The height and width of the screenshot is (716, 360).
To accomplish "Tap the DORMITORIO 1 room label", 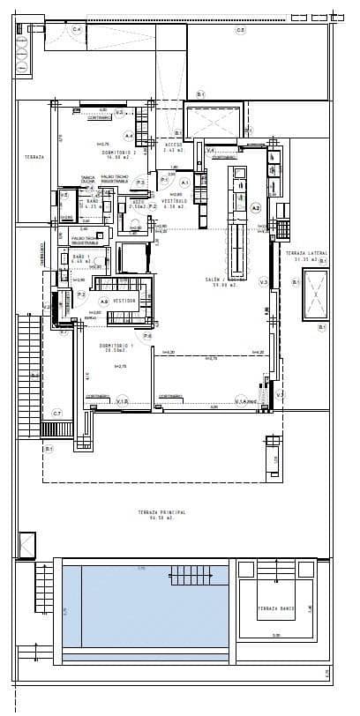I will coord(112,347).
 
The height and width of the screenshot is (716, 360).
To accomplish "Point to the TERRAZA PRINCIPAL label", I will coord(158,515).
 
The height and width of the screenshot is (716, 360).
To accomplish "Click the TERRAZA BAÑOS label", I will coord(276,608).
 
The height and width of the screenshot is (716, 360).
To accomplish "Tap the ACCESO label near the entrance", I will coord(173,147).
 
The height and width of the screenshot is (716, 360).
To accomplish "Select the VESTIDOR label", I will coord(124,300).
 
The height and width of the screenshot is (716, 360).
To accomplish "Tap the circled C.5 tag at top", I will coord(240,30).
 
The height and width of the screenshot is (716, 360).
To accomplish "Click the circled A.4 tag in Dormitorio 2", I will coord(128,136).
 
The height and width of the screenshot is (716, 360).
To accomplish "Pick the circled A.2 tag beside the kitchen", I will coord(256,208).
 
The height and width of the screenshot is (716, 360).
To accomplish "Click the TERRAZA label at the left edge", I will coord(34,156).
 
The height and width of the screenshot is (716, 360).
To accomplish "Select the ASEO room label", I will coord(137,203).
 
